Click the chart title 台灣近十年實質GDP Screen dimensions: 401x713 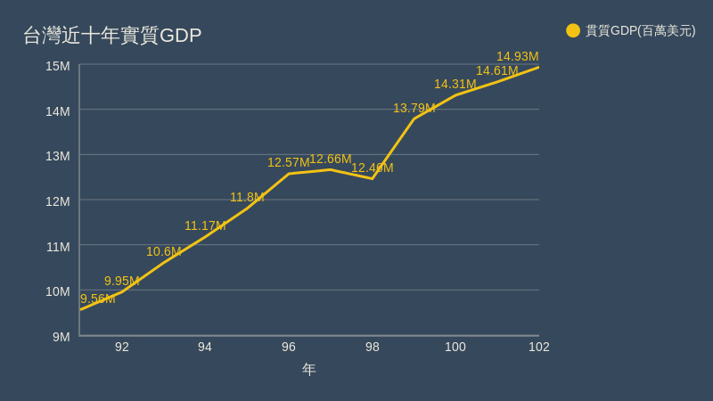(112, 36)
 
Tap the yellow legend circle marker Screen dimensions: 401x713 (573, 30)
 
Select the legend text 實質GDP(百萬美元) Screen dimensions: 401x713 (640, 30)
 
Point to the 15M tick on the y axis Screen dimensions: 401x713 (58, 66)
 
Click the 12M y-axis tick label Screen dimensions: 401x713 (58, 201)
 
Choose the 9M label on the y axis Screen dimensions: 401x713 (61, 337)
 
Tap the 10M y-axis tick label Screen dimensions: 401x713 (58, 291)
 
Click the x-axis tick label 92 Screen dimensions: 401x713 (122, 347)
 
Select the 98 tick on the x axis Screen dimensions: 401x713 (373, 347)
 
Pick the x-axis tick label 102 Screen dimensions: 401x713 (539, 347)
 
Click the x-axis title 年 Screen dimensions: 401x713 (309, 369)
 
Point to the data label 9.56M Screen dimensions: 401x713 (98, 299)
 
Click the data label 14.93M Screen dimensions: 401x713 (518, 56)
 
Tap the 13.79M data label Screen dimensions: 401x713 (414, 108)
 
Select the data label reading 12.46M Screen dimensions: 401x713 (373, 168)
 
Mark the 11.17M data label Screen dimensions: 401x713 (205, 225)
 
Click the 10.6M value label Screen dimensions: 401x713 (164, 251)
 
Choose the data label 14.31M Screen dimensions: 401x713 (455, 84)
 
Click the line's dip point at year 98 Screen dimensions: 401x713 (373, 178)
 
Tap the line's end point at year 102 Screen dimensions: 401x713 (538, 67)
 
